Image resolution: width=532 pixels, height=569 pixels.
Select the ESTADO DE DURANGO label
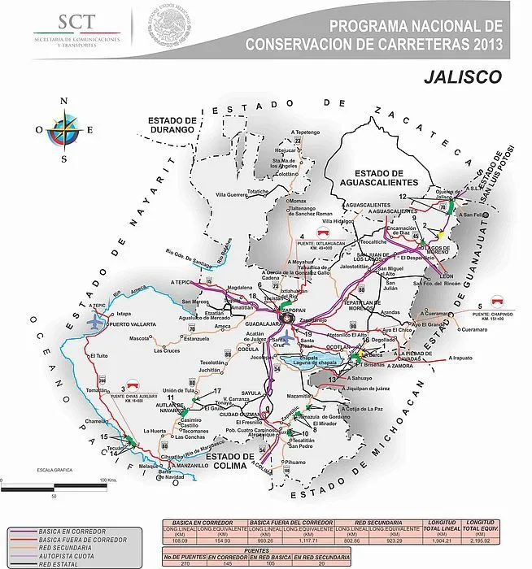pos(172,124)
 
